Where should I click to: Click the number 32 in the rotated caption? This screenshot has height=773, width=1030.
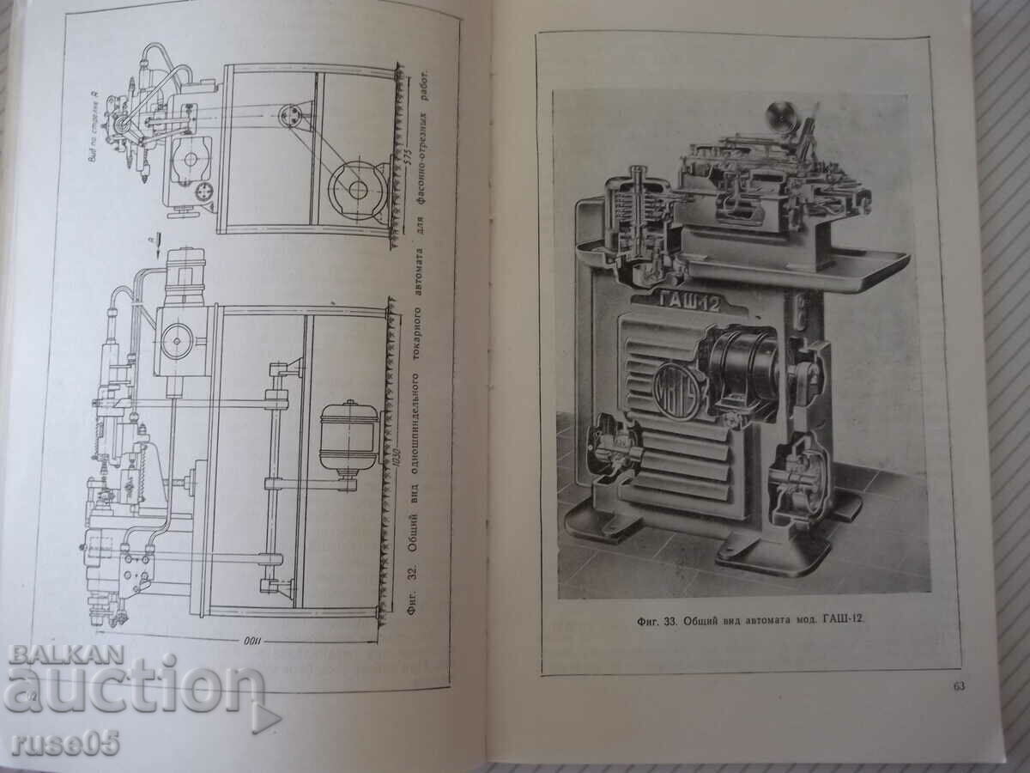[x=411, y=572]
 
